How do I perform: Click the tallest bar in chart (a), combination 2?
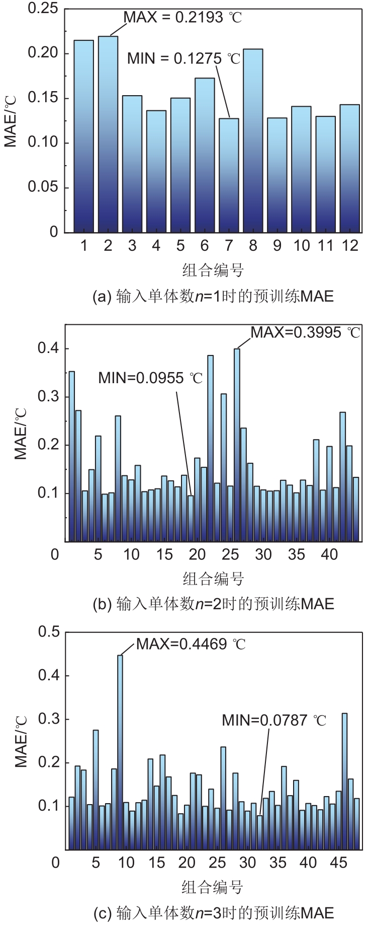108,134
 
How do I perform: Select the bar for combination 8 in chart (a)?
253,140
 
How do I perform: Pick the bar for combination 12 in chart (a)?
349,168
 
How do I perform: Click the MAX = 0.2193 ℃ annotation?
182,18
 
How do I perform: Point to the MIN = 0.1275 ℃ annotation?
183,59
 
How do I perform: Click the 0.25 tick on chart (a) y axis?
43,9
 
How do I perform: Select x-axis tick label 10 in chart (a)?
302,246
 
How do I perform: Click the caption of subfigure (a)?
213,296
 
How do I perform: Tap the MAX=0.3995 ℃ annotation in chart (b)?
306,332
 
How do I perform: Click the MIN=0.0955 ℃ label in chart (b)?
150,378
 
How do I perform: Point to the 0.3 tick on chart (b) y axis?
49,397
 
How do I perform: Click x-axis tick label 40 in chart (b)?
329,554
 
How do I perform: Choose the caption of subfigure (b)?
213,604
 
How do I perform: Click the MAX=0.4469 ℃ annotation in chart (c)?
191,644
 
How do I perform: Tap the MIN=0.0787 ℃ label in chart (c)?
274,721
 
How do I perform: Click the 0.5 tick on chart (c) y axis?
49,631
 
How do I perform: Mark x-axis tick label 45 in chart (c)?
338,863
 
